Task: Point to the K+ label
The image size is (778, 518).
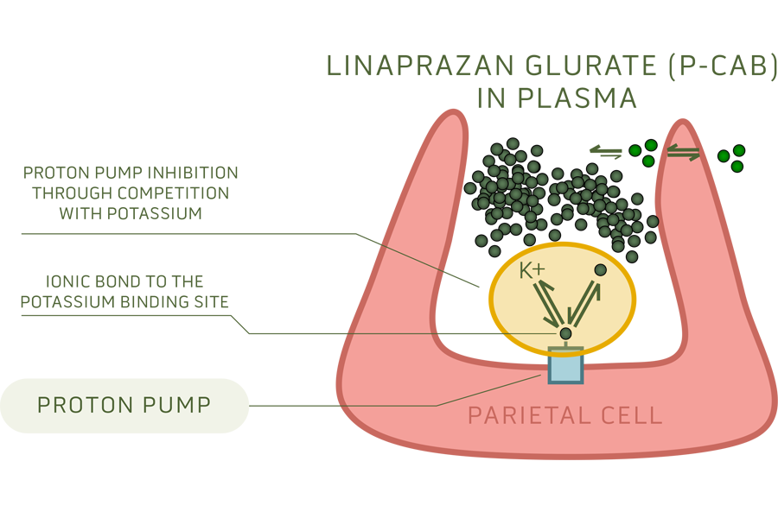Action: (532, 270)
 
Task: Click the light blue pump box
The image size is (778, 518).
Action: (565, 369)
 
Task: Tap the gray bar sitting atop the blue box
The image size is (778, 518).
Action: (565, 349)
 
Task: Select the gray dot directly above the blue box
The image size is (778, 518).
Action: (565, 333)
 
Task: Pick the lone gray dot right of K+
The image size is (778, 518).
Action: (600, 270)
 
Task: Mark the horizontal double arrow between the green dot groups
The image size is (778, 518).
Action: (684, 153)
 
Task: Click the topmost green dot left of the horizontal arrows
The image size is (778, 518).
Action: (651, 145)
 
